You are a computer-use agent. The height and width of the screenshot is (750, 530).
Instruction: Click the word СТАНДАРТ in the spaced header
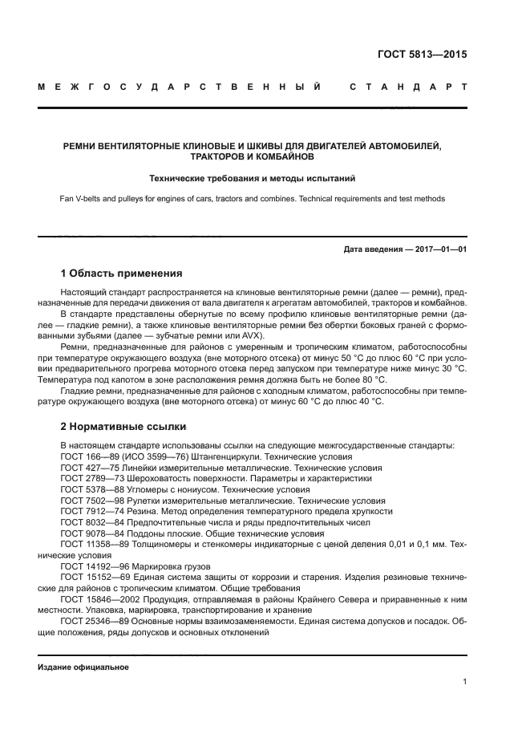[x=407, y=85]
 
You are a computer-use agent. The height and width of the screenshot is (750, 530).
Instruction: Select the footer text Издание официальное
[x=83, y=667]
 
